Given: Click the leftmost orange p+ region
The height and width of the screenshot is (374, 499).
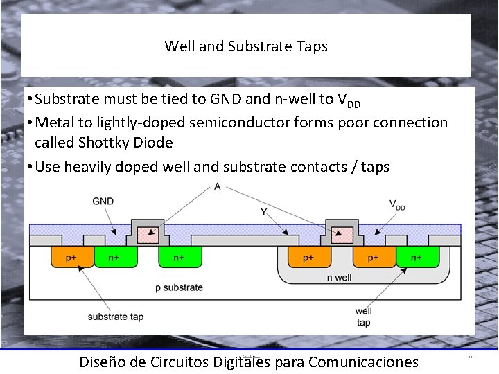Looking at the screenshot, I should pyautogui.click(x=71, y=258).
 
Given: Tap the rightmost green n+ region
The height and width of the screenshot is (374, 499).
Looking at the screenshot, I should pyautogui.click(x=416, y=258).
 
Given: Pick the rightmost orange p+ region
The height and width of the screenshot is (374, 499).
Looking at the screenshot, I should pyautogui.click(x=372, y=258).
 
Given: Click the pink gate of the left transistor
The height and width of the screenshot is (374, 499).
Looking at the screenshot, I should pyautogui.click(x=148, y=235).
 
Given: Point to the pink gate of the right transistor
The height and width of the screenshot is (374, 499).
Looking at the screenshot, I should pyautogui.click(x=340, y=235).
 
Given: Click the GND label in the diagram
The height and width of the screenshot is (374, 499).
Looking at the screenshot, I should pyautogui.click(x=103, y=202).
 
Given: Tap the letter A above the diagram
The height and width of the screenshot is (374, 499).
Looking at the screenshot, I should pyautogui.click(x=218, y=186).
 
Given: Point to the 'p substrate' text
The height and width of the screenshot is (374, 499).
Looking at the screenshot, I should pyautogui.click(x=179, y=287).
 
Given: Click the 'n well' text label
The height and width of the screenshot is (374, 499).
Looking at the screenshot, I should pyautogui.click(x=339, y=278).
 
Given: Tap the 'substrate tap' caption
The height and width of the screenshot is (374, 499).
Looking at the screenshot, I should pyautogui.click(x=116, y=317).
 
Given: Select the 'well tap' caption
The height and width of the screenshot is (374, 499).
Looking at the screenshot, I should pyautogui.click(x=363, y=317).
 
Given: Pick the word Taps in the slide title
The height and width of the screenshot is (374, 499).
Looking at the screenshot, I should pyautogui.click(x=312, y=46).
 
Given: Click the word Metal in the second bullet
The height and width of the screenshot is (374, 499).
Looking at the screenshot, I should pyautogui.click(x=55, y=123).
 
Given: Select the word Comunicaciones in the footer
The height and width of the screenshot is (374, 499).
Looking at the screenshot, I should pyautogui.click(x=363, y=362).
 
